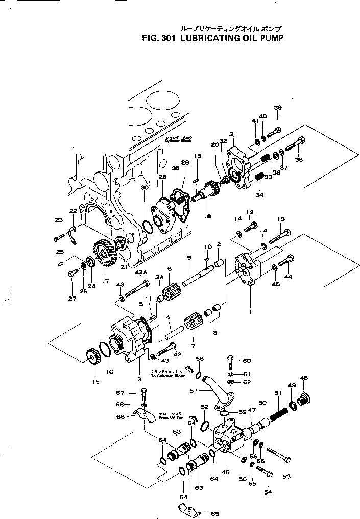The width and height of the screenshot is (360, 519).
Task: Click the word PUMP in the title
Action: click(x=268, y=37)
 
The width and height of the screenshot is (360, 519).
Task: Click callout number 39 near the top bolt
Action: click(x=277, y=108)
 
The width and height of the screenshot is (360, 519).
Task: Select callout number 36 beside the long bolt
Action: click(x=299, y=159)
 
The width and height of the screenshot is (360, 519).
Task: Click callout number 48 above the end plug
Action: click(x=304, y=378)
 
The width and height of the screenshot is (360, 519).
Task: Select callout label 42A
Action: click(x=140, y=272)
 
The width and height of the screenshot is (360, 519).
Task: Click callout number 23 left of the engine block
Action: click(x=58, y=220)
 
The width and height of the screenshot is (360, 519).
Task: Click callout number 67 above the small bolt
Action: click(x=120, y=393)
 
